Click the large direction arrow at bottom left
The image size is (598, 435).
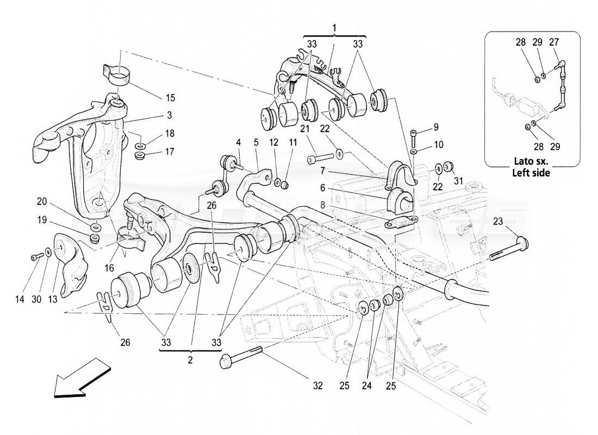tap(76, 379)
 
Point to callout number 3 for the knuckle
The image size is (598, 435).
tap(170, 115)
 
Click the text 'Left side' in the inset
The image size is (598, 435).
tap(532, 173)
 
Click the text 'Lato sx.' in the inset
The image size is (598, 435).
tap(532, 161)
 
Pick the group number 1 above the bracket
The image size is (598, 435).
tap(335, 27)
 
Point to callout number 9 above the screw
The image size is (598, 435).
tap(435, 128)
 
